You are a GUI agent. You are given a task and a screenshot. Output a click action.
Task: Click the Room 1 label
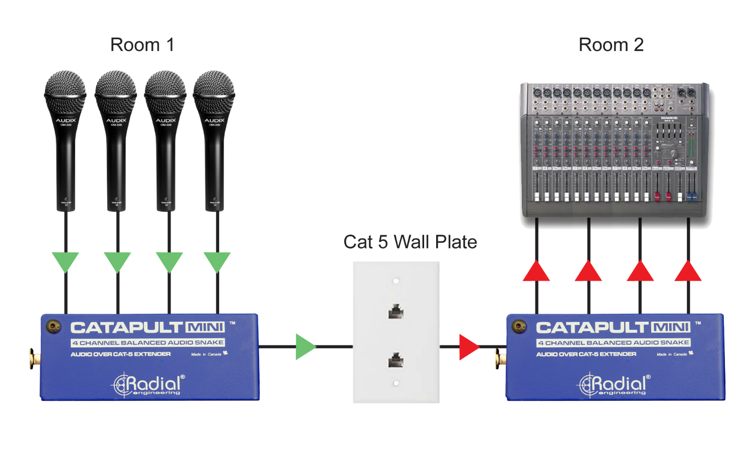142,45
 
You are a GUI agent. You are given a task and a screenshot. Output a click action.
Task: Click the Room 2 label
611,45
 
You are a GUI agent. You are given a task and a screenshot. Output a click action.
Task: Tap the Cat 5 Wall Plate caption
410,242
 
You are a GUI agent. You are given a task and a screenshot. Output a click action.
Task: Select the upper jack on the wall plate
396,311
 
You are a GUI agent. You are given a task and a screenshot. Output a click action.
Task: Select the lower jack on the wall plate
396,359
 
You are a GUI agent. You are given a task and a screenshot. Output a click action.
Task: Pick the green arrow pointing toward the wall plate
305,347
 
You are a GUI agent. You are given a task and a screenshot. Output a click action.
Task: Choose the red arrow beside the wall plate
468,347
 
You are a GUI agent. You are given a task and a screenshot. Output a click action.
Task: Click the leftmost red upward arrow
536,272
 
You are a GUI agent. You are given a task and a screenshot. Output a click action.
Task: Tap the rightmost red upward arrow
688,272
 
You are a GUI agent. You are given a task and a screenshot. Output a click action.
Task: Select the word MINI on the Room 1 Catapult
205,328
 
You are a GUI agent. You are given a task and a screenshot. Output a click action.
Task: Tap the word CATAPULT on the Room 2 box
592,328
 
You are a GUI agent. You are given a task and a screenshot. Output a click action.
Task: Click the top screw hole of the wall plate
396,281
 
